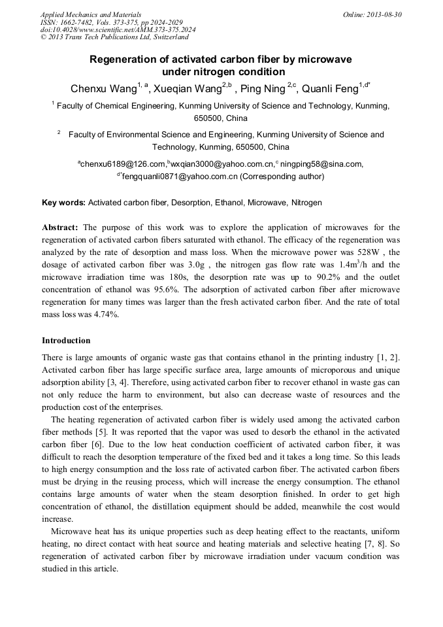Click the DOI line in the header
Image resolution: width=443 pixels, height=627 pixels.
(118, 30)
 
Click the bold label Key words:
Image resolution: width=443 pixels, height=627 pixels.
(63, 203)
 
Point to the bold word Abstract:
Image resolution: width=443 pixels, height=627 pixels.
(60, 228)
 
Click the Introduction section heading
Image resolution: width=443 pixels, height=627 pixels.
(66, 341)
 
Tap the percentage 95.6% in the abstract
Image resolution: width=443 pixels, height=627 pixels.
(147, 289)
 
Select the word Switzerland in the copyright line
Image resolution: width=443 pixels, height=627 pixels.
(171, 38)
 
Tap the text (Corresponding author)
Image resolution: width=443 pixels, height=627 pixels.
(282, 177)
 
